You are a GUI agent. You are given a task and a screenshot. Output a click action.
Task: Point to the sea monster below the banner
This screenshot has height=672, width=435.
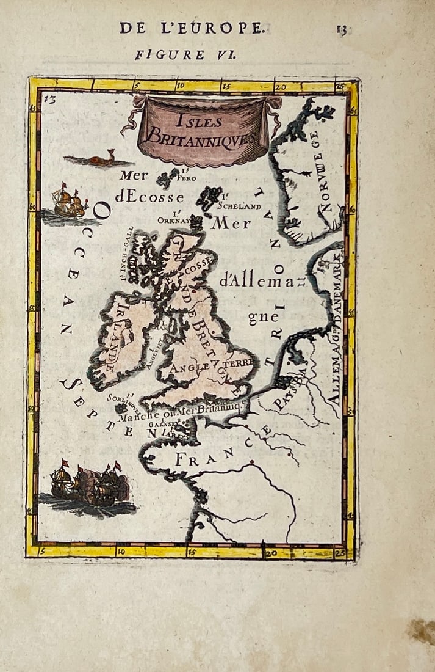[x=98, y=160]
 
